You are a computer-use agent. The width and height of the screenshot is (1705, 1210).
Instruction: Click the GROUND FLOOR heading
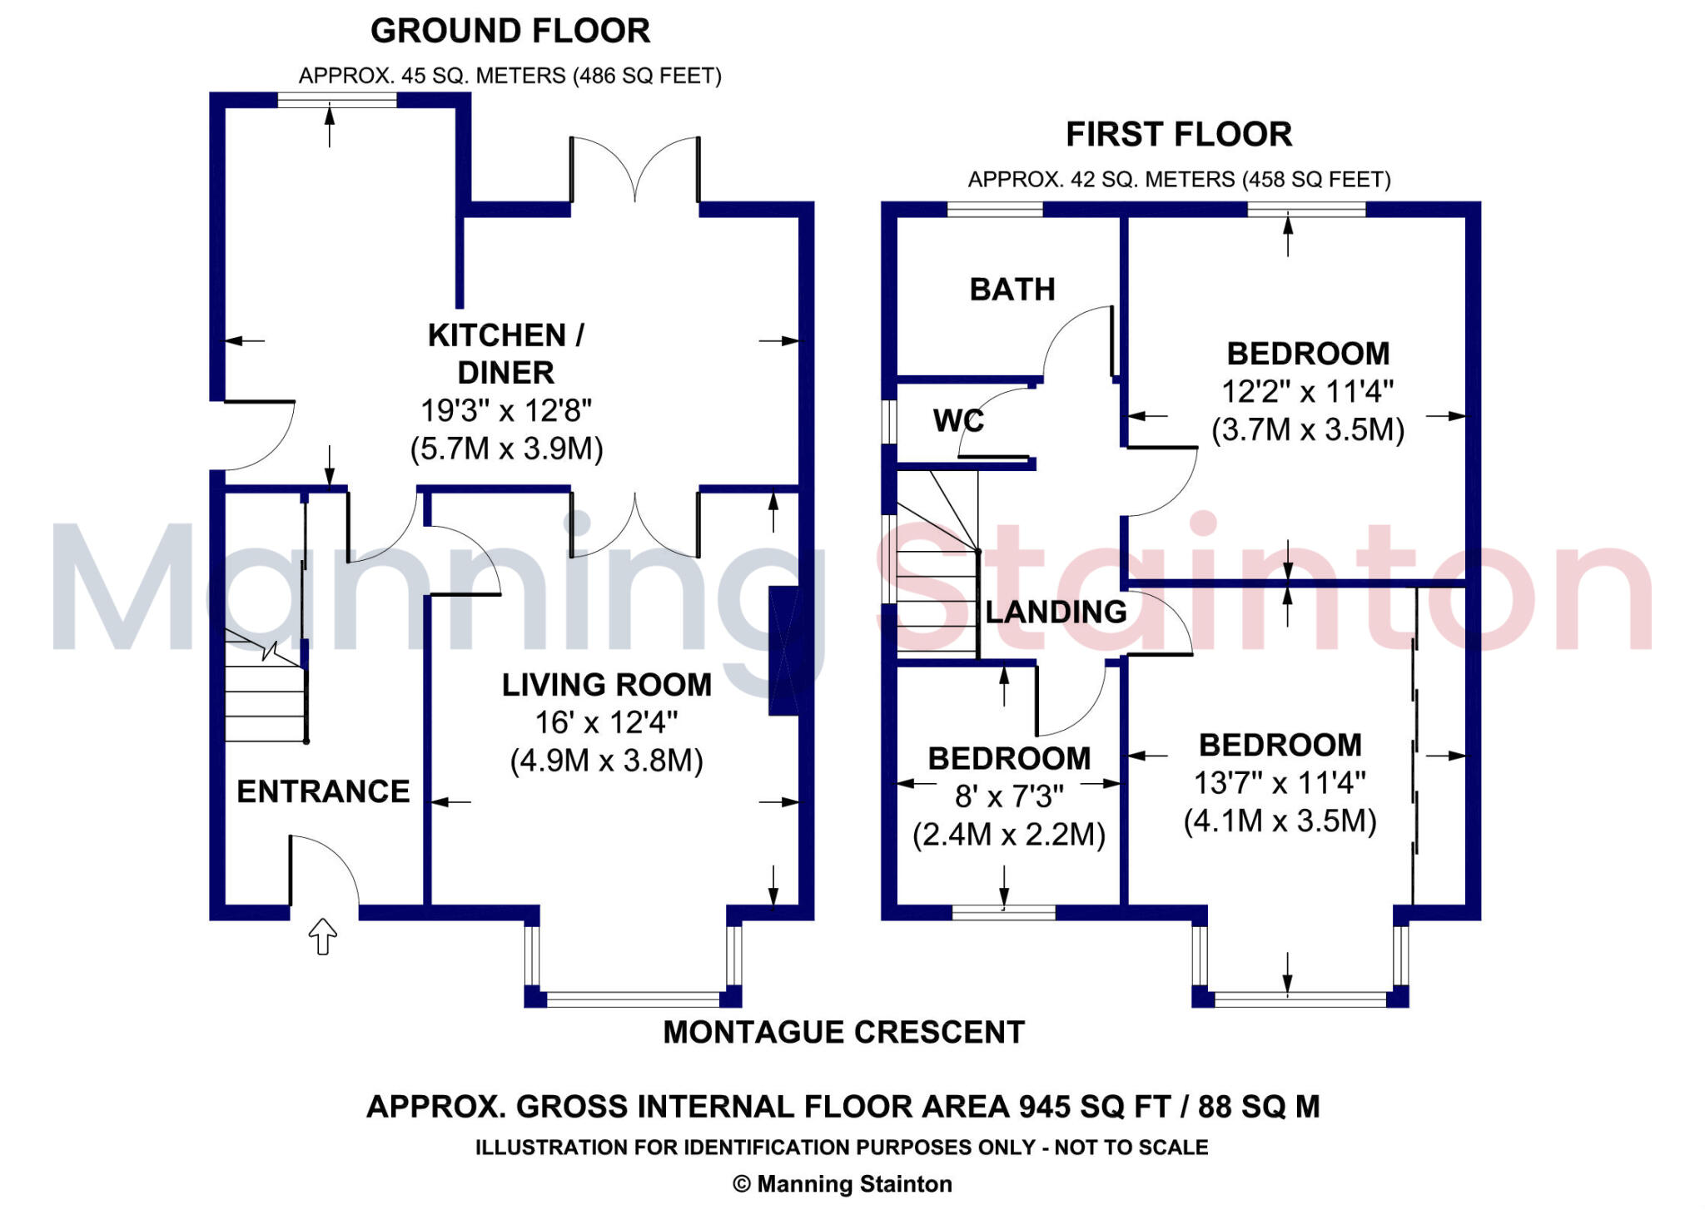(x=510, y=32)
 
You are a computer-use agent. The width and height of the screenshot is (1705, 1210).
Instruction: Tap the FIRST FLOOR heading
(x=1178, y=135)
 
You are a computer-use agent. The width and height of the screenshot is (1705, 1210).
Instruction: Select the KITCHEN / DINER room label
(x=505, y=354)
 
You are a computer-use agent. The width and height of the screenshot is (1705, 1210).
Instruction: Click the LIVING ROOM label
(x=606, y=685)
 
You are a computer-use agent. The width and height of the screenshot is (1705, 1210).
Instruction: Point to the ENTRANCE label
(x=323, y=791)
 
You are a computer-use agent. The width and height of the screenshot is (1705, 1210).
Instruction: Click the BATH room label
(x=1012, y=290)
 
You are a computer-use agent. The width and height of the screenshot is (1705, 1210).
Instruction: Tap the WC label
(x=958, y=421)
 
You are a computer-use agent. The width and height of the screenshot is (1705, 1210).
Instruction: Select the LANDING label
(x=1056, y=612)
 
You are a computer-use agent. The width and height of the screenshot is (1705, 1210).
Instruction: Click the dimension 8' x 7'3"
(x=1008, y=797)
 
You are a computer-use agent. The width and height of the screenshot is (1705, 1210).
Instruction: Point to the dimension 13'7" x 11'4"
(x=1280, y=783)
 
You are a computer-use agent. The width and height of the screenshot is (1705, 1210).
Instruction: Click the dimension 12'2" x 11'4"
(x=1307, y=392)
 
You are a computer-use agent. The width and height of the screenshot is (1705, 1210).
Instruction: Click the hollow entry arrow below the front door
(x=323, y=936)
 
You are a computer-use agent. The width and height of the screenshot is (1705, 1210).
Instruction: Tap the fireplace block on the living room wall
(x=783, y=652)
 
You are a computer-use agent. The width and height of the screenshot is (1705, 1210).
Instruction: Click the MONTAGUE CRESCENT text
(x=843, y=1033)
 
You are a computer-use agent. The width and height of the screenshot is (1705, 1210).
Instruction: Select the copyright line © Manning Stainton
(x=842, y=1184)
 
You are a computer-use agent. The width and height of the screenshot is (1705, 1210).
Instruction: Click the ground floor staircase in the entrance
(x=265, y=691)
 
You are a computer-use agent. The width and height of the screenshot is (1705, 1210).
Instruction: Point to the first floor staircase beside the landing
(x=937, y=583)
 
